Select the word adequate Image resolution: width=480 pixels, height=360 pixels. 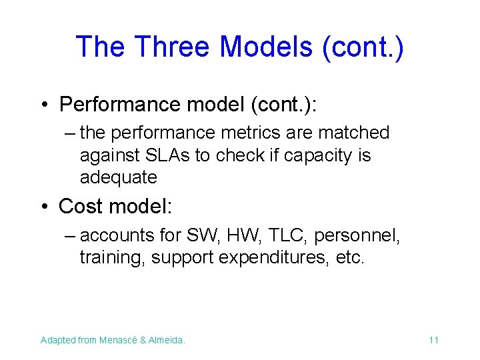pos(118,178)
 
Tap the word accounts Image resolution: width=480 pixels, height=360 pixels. pos(117,235)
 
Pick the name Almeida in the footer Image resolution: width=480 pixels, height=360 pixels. pos(167,340)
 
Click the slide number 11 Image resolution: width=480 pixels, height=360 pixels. pos(433,340)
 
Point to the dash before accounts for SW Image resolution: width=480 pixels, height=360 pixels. pos(70,235)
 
